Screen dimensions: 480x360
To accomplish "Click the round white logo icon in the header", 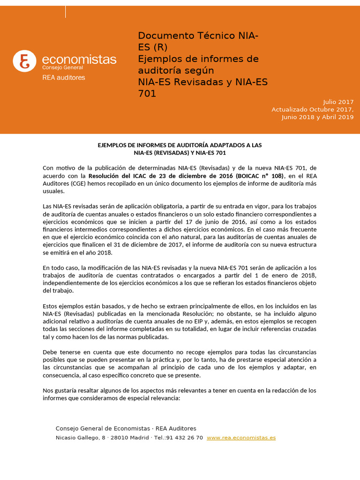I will coord(24,60).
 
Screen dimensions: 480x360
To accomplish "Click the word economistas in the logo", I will coord(79,60).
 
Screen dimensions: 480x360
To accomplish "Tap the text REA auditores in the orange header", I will coord(64,77).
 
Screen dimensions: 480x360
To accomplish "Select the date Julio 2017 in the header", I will coord(338,102).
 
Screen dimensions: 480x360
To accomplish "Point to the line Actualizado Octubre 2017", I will coord(312,109).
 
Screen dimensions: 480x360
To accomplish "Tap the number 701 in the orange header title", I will coord(147,94).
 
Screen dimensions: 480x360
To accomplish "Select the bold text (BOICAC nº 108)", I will coord(261,176).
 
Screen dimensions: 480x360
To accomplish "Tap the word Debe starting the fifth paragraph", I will coord(51,352).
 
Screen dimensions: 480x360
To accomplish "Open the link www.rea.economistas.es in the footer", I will coord(241,437).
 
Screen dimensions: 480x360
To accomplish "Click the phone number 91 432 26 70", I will coord(185,437).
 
